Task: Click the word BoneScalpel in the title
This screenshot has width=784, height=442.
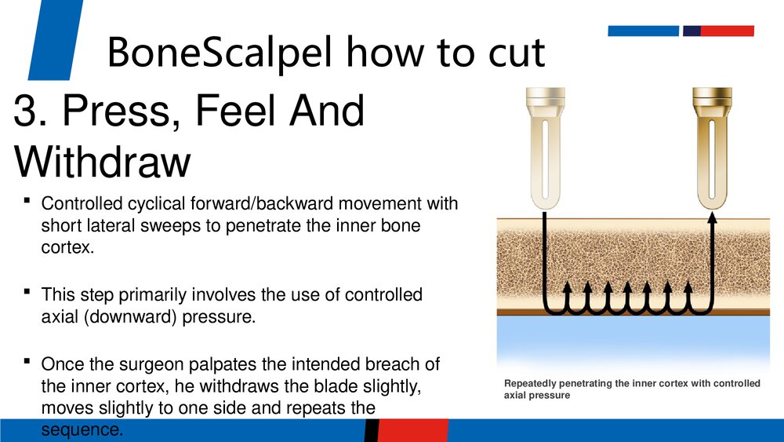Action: tap(219, 52)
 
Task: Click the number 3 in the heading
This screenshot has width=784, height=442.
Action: tap(25, 111)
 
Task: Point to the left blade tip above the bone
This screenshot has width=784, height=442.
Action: tap(545, 205)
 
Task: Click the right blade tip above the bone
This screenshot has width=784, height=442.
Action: tap(712, 205)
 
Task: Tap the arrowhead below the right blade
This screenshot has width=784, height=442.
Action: tap(713, 217)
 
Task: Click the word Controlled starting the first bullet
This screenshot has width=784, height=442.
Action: tap(82, 204)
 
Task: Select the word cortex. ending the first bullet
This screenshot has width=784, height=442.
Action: tap(67, 248)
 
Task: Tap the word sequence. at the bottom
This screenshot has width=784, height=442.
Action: tap(82, 430)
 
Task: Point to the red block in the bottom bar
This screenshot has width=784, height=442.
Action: tap(413, 430)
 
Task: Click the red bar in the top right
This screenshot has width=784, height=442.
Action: tap(727, 31)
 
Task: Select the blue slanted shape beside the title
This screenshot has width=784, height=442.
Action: tap(56, 39)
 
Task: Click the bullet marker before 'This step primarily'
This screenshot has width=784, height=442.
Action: tap(27, 291)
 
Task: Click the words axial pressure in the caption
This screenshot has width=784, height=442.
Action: tap(537, 396)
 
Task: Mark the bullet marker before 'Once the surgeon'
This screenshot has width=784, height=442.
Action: tap(27, 361)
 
